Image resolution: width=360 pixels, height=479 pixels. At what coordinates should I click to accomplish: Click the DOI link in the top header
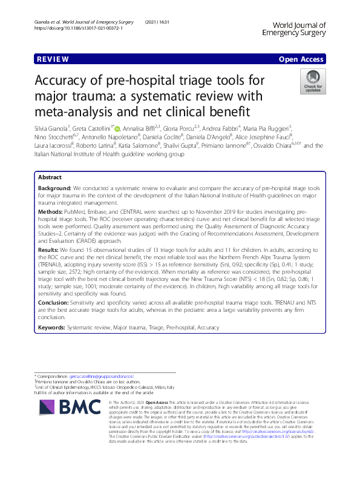point(71,28)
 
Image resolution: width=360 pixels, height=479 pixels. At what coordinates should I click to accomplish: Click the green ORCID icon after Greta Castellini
point(117,128)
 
